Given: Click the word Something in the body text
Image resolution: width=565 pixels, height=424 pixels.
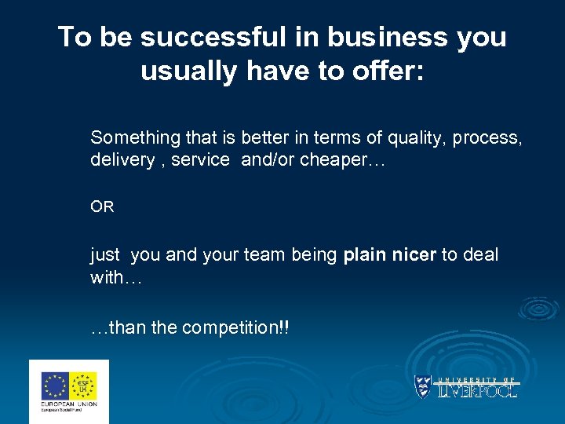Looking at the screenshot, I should click(135, 138).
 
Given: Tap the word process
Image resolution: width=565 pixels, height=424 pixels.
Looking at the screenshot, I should click(493, 139).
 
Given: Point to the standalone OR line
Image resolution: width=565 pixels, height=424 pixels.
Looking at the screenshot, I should click(102, 207).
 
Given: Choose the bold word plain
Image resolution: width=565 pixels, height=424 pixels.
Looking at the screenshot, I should click(364, 255).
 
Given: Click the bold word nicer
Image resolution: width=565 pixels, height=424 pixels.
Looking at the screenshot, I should click(413, 255).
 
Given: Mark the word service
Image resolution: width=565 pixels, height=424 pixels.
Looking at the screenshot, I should click(201, 160).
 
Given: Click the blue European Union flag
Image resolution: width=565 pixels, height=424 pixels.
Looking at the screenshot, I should click(54, 386).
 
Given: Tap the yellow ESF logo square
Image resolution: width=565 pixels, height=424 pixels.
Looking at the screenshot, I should click(83, 386).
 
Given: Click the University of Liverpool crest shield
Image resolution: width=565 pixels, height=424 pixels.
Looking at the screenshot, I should click(423, 387).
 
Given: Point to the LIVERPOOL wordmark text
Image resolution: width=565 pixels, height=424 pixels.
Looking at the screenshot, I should click(477, 391).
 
